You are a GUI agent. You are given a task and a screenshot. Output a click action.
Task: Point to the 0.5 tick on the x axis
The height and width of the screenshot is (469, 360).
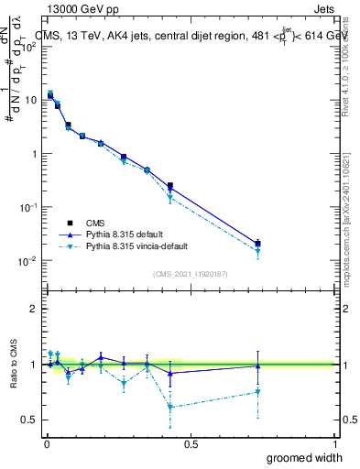(x=191, y=443)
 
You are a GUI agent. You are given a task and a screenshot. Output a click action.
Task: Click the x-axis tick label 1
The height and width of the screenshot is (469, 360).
(x=335, y=443)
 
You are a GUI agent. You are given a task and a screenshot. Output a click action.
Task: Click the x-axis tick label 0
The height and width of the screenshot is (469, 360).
(x=47, y=443)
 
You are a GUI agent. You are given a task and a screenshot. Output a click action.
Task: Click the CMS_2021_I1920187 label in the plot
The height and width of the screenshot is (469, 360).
(x=191, y=273)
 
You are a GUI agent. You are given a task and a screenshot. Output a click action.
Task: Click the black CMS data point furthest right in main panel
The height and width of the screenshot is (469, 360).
(x=257, y=244)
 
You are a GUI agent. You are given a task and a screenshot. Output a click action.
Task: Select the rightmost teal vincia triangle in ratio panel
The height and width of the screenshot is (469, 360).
(x=257, y=392)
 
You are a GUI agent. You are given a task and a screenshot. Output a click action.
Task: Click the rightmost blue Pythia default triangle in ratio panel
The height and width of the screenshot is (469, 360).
(x=257, y=365)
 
